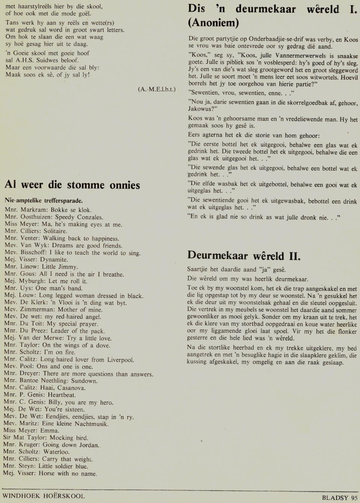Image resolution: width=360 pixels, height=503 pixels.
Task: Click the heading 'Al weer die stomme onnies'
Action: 72,185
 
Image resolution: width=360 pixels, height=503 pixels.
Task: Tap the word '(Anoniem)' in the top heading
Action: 213,23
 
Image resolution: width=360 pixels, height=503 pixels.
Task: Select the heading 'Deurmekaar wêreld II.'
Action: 244,256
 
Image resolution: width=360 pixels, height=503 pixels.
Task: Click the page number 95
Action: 354,498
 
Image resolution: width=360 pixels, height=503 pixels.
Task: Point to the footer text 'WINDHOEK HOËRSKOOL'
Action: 44,496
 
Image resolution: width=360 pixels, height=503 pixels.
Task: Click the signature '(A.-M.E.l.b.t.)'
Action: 156,89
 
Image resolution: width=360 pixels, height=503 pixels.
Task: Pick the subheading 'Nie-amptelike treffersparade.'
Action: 44,200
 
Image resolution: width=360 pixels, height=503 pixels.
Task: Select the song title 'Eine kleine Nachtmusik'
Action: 77,424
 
